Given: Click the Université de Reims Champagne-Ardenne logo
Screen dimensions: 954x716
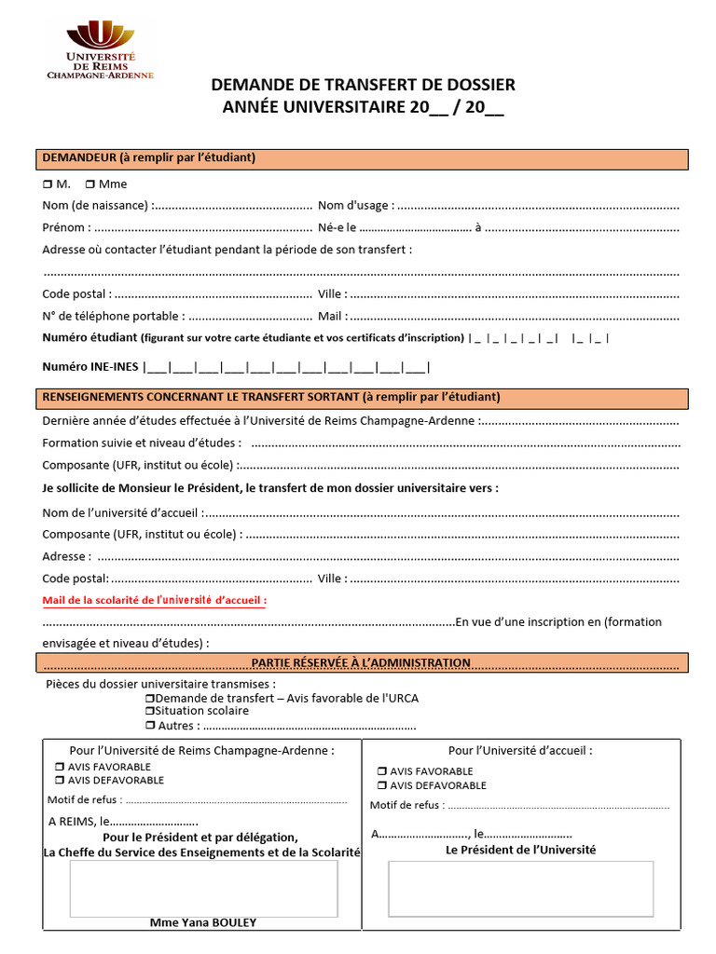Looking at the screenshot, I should tap(100, 51).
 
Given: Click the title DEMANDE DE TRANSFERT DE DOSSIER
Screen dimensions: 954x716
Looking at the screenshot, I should tap(363, 85).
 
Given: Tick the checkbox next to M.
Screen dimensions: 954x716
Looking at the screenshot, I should tap(48, 184).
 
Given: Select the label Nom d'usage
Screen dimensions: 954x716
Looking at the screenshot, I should tap(354, 205).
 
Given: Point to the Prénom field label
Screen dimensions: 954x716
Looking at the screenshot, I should tap(66, 227).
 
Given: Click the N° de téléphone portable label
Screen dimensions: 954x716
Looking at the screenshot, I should tap(113, 317).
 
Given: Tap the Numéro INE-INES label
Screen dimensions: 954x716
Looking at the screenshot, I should tap(90, 367).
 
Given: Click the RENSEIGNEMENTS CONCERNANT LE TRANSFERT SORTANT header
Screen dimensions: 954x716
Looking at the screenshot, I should tap(271, 397).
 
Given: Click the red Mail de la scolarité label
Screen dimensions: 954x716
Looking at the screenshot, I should tap(155, 601).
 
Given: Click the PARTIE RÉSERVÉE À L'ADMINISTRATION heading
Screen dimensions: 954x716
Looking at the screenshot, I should tap(361, 662).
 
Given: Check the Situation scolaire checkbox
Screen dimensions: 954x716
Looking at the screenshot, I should tap(149, 711).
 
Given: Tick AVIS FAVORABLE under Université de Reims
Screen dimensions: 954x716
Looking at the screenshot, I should tap(60, 767).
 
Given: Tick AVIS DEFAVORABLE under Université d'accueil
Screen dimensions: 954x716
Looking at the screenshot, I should tap(381, 785).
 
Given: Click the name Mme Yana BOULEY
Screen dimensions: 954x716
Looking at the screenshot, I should tap(203, 922).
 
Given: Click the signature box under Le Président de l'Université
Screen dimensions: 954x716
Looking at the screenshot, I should tap(520, 888).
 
